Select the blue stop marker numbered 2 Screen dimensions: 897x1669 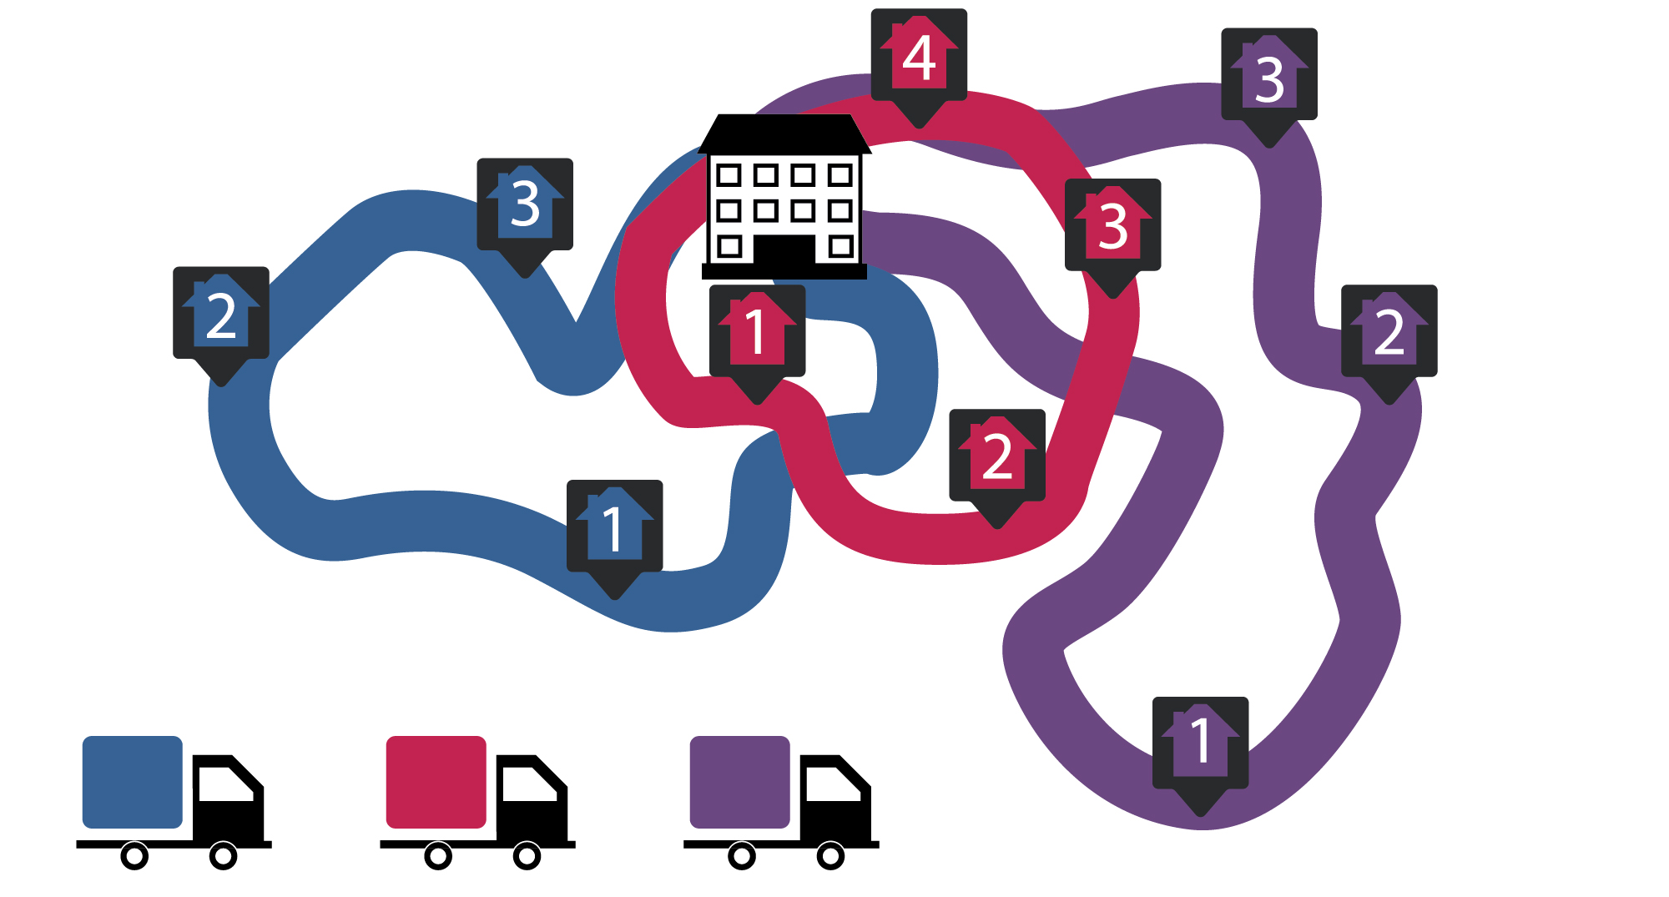tap(220, 315)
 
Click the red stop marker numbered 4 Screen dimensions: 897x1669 tap(919, 58)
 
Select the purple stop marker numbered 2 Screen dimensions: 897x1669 tap(1389, 333)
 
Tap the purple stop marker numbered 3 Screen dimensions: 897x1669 tap(1268, 77)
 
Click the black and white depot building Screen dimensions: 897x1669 tap(784, 200)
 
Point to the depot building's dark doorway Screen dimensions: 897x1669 tap(784, 249)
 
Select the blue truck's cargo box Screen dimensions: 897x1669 tap(132, 782)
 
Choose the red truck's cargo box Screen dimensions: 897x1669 tap(436, 782)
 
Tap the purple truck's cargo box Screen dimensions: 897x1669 tap(739, 782)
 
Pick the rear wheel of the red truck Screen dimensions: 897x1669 tap(438, 855)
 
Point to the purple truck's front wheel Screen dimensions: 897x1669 tap(830, 855)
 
